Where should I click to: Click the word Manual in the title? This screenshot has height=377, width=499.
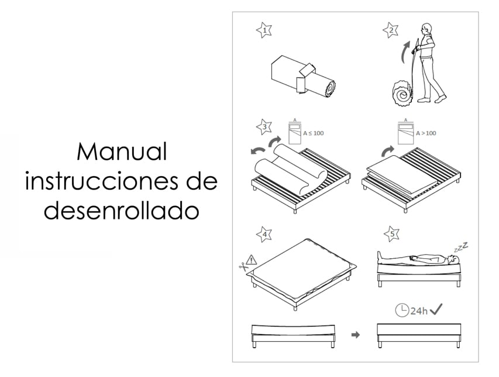pyautogui.click(x=122, y=152)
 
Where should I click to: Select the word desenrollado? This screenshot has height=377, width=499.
pyautogui.click(x=121, y=211)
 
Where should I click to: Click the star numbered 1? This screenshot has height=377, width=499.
pyautogui.click(x=264, y=30)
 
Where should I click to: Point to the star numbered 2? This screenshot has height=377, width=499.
pyautogui.click(x=391, y=30)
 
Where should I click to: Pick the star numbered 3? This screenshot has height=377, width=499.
pyautogui.click(x=264, y=126)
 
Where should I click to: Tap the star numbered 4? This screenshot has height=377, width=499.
pyautogui.click(x=264, y=234)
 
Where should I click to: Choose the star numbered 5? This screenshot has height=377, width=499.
pyautogui.click(x=392, y=234)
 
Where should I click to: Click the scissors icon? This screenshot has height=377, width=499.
pyautogui.click(x=244, y=266)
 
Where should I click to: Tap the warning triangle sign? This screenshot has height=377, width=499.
pyautogui.click(x=252, y=260)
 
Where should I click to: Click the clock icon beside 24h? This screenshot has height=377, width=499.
pyautogui.click(x=402, y=310)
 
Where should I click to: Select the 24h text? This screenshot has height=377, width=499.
pyautogui.click(x=419, y=311)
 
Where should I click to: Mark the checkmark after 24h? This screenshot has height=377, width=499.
pyautogui.click(x=436, y=309)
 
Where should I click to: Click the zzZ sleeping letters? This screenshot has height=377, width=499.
pyautogui.click(x=461, y=247)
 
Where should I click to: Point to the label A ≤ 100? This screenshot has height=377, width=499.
pyautogui.click(x=313, y=133)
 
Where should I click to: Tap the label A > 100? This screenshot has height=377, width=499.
pyautogui.click(x=426, y=133)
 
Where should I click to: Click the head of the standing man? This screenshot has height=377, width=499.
pyautogui.click(x=426, y=29)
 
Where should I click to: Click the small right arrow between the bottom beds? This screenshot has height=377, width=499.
pyautogui.click(x=356, y=335)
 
